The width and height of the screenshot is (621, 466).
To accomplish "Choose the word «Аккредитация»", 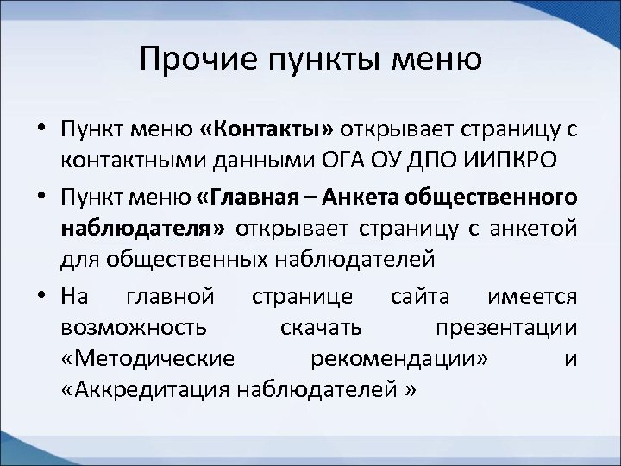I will pyautogui.click(x=141, y=389).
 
